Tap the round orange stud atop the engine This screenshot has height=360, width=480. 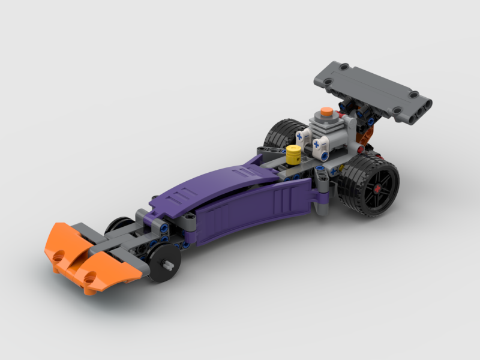coord(325,111)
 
